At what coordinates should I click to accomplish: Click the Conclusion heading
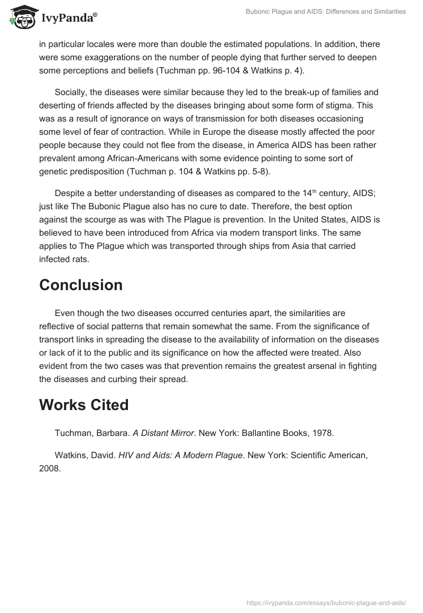pyautogui.click(x=80, y=285)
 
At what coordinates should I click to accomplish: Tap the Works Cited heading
pyautogui.click(x=84, y=405)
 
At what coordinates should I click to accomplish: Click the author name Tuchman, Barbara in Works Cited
pyautogui.click(x=92, y=433)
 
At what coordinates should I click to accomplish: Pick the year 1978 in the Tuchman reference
pyautogui.click(x=323, y=433)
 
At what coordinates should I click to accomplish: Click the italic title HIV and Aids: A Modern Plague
pyautogui.click(x=180, y=454)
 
